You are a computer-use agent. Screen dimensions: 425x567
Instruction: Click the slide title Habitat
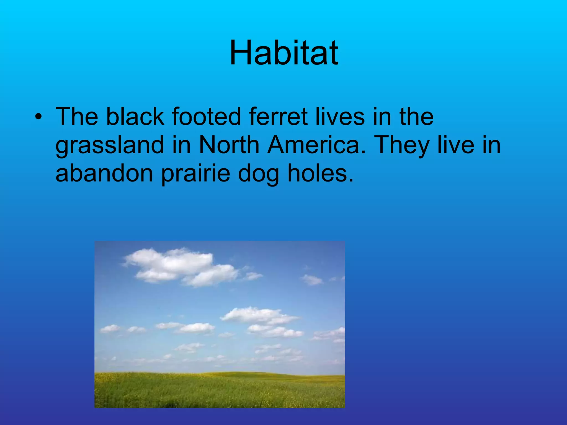tap(283, 53)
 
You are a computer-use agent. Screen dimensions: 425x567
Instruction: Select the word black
tap(135, 116)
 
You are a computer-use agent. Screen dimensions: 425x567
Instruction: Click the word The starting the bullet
tap(77, 116)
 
